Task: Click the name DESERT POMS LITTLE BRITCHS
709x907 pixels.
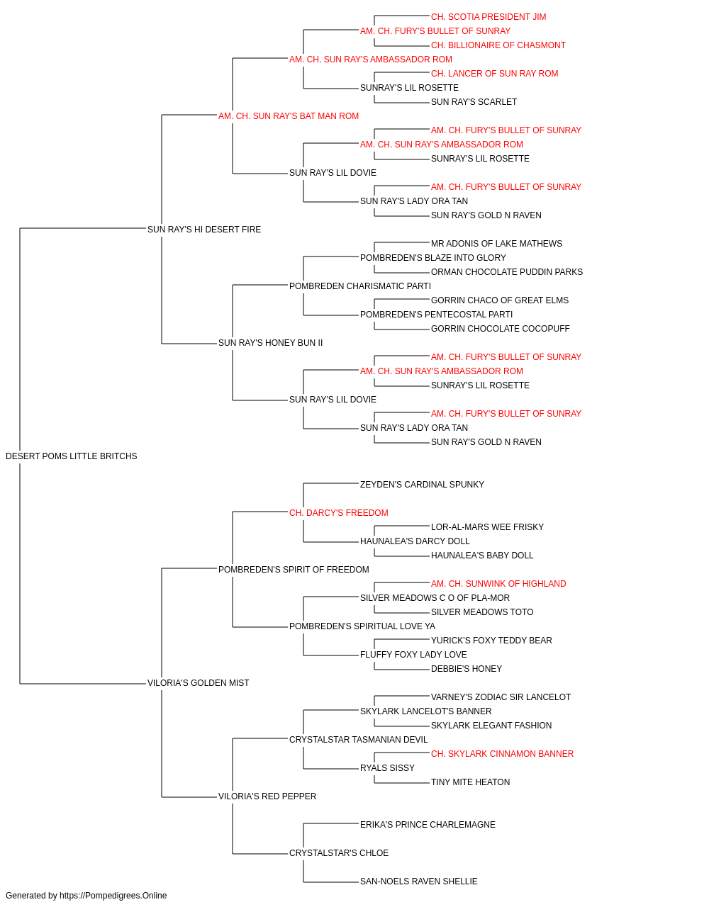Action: pos(72,456)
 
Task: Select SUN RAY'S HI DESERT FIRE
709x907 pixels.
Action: pos(204,229)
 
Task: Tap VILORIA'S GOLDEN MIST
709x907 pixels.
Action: pos(199,683)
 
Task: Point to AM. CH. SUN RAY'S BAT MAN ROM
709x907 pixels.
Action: pos(289,116)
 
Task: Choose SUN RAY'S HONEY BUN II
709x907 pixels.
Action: pos(271,343)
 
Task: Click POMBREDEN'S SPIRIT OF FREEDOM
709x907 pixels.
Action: pos(294,569)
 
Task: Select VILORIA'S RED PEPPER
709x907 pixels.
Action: pos(267,796)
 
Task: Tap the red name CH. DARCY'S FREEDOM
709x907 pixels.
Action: pos(339,512)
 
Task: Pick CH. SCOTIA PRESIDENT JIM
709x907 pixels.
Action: pos(489,17)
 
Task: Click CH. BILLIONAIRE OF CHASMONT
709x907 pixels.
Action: pos(498,45)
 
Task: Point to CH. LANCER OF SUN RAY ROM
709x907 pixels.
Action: pos(494,74)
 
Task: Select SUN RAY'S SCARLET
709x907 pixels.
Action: pos(474,102)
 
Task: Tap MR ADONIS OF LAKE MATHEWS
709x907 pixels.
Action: pos(496,243)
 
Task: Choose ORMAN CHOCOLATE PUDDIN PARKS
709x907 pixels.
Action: pos(507,271)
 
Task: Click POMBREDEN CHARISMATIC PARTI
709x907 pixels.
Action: pos(360,286)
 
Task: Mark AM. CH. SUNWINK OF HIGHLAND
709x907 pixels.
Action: pos(498,583)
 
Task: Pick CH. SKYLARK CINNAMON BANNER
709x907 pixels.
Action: pos(502,753)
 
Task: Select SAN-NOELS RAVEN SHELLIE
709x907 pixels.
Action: pos(419,881)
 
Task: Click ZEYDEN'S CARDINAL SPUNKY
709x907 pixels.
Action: pos(422,484)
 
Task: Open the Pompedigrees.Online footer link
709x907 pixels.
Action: pos(113,896)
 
